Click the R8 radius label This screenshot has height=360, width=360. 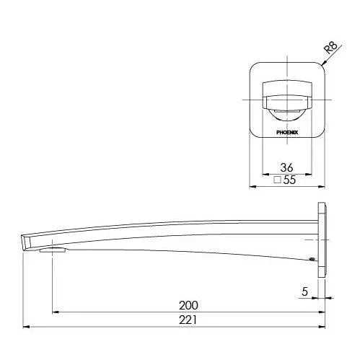tap(331, 48)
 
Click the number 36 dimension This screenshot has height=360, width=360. tap(286, 167)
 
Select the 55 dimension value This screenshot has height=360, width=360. tap(289, 180)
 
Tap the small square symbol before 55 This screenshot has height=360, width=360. tap(278, 180)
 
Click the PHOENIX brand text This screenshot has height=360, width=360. tap(287, 133)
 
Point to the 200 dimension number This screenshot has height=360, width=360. tap(188, 305)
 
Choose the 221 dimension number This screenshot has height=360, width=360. tap(188, 320)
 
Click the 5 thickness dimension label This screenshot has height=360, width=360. tap(304, 291)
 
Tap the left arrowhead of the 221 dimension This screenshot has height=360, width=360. tap(26, 327)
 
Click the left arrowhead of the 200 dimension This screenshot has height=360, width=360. tap(56, 312)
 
